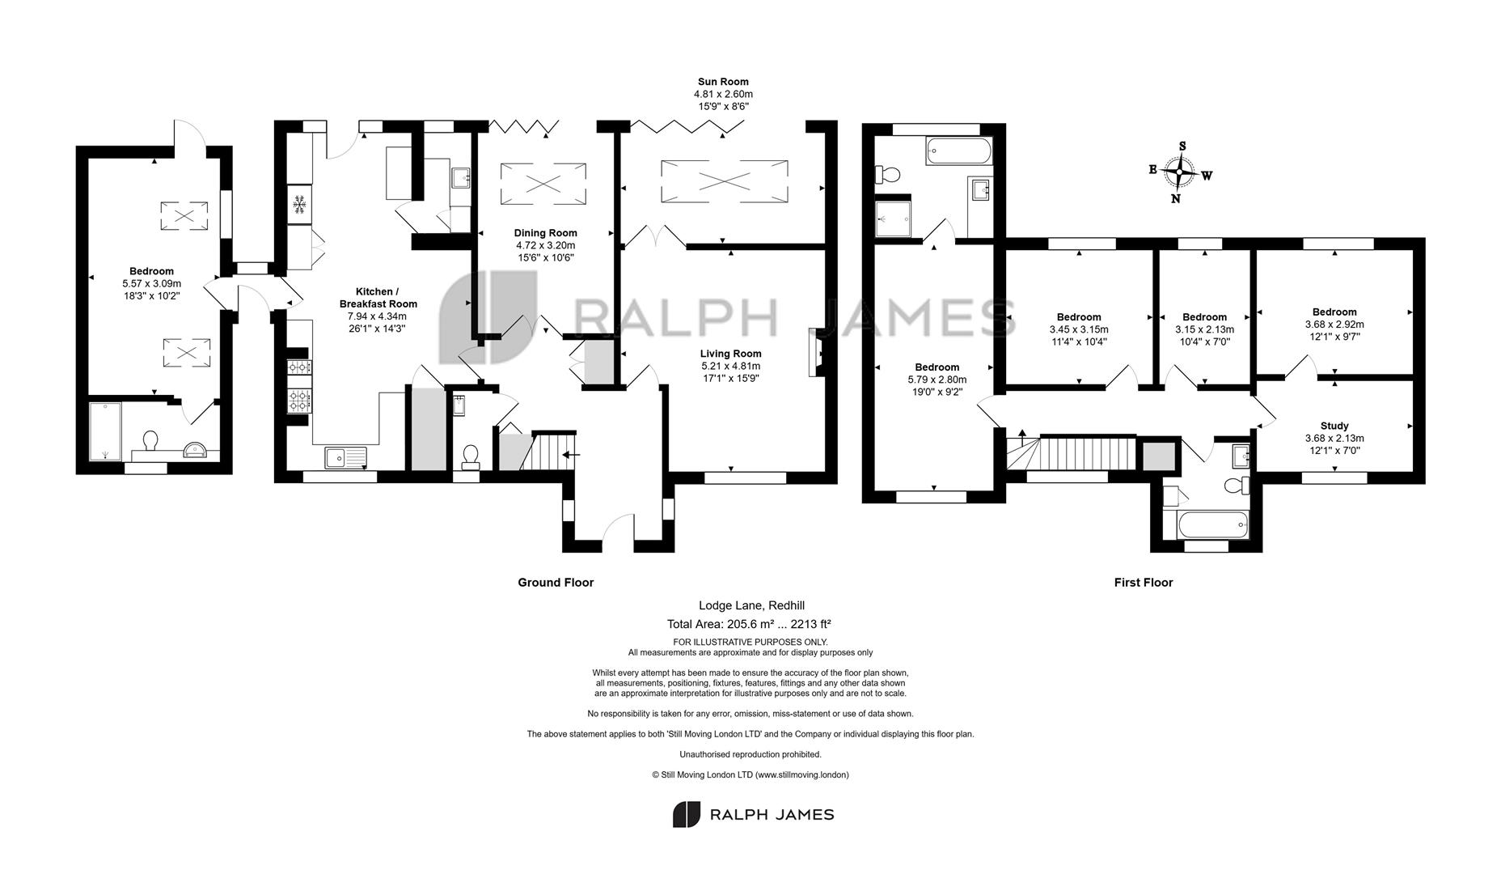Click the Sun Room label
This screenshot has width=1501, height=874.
[723, 82]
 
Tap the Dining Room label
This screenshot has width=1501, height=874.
[546, 233]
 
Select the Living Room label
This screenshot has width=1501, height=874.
[731, 354]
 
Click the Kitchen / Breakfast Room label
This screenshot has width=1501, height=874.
[378, 298]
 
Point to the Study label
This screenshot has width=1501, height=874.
[1334, 426]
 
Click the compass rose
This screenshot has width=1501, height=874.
[1181, 172]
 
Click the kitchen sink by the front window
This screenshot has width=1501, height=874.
[346, 458]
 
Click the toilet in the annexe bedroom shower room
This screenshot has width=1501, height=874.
[150, 441]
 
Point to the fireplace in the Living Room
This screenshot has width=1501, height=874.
[816, 352]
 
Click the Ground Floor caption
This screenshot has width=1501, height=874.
[556, 583]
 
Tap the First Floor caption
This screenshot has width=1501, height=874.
[1144, 583]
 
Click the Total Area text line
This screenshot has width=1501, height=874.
[749, 624]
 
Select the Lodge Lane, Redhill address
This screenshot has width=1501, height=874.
[751, 605]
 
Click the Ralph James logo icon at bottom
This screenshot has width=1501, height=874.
[687, 814]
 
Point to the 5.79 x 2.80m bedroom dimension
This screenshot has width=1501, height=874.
[937, 380]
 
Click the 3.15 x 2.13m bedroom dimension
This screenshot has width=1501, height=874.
[1204, 329]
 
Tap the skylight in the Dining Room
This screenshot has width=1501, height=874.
[543, 183]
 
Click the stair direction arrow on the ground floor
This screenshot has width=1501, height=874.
[570, 455]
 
